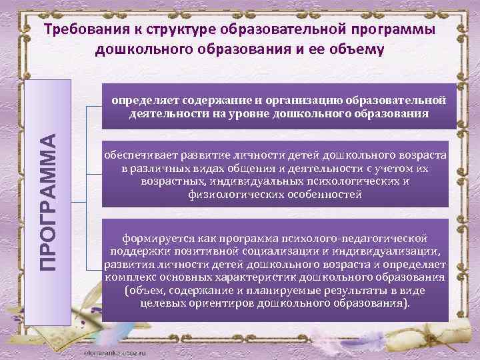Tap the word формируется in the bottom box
(x=152, y=237)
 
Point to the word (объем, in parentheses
(x=143, y=291)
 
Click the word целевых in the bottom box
(x=162, y=303)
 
